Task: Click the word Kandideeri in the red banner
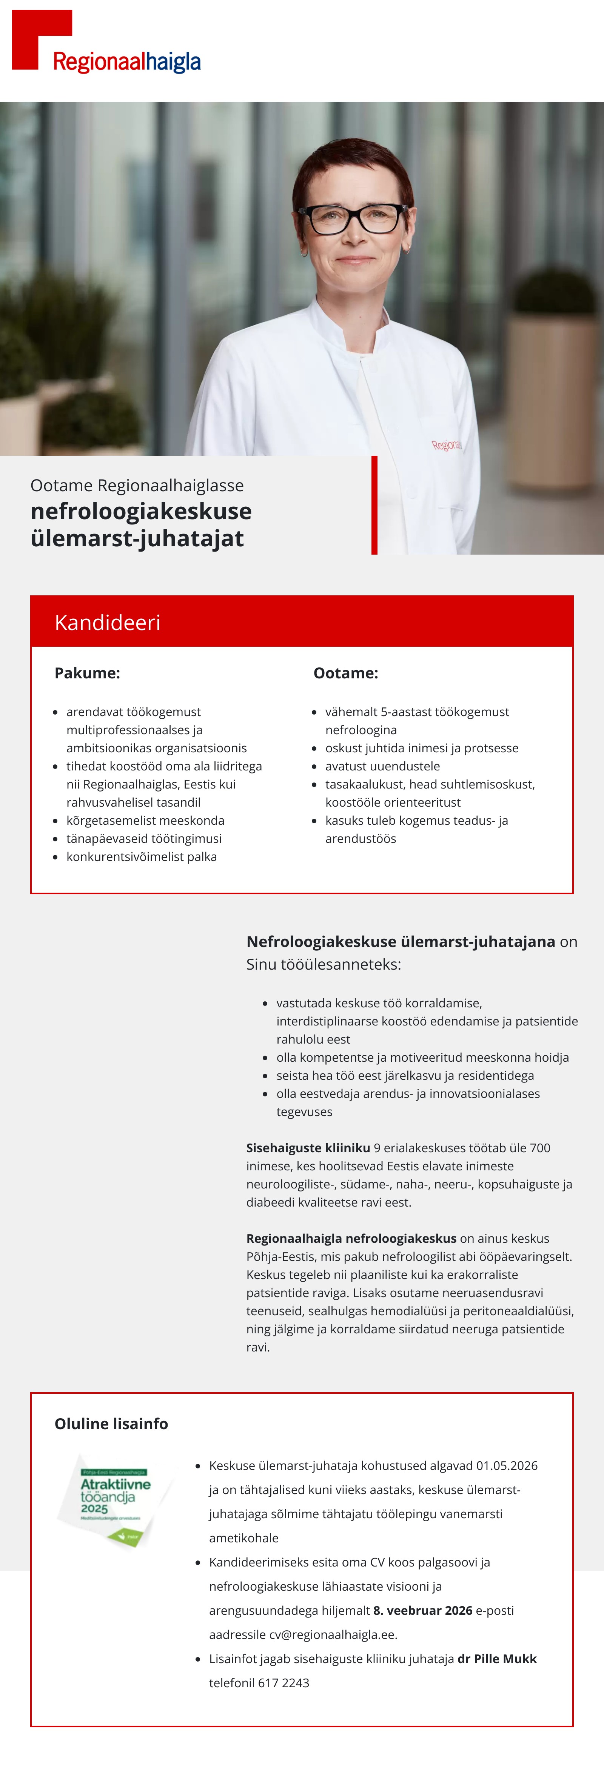click(107, 622)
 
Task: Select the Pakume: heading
click(87, 673)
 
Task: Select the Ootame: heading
click(345, 673)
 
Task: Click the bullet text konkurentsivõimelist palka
click(142, 856)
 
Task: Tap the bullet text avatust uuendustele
click(382, 766)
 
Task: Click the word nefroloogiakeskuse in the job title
click(141, 512)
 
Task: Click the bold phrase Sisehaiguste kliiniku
click(308, 1147)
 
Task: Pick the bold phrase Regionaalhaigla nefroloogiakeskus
click(351, 1238)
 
